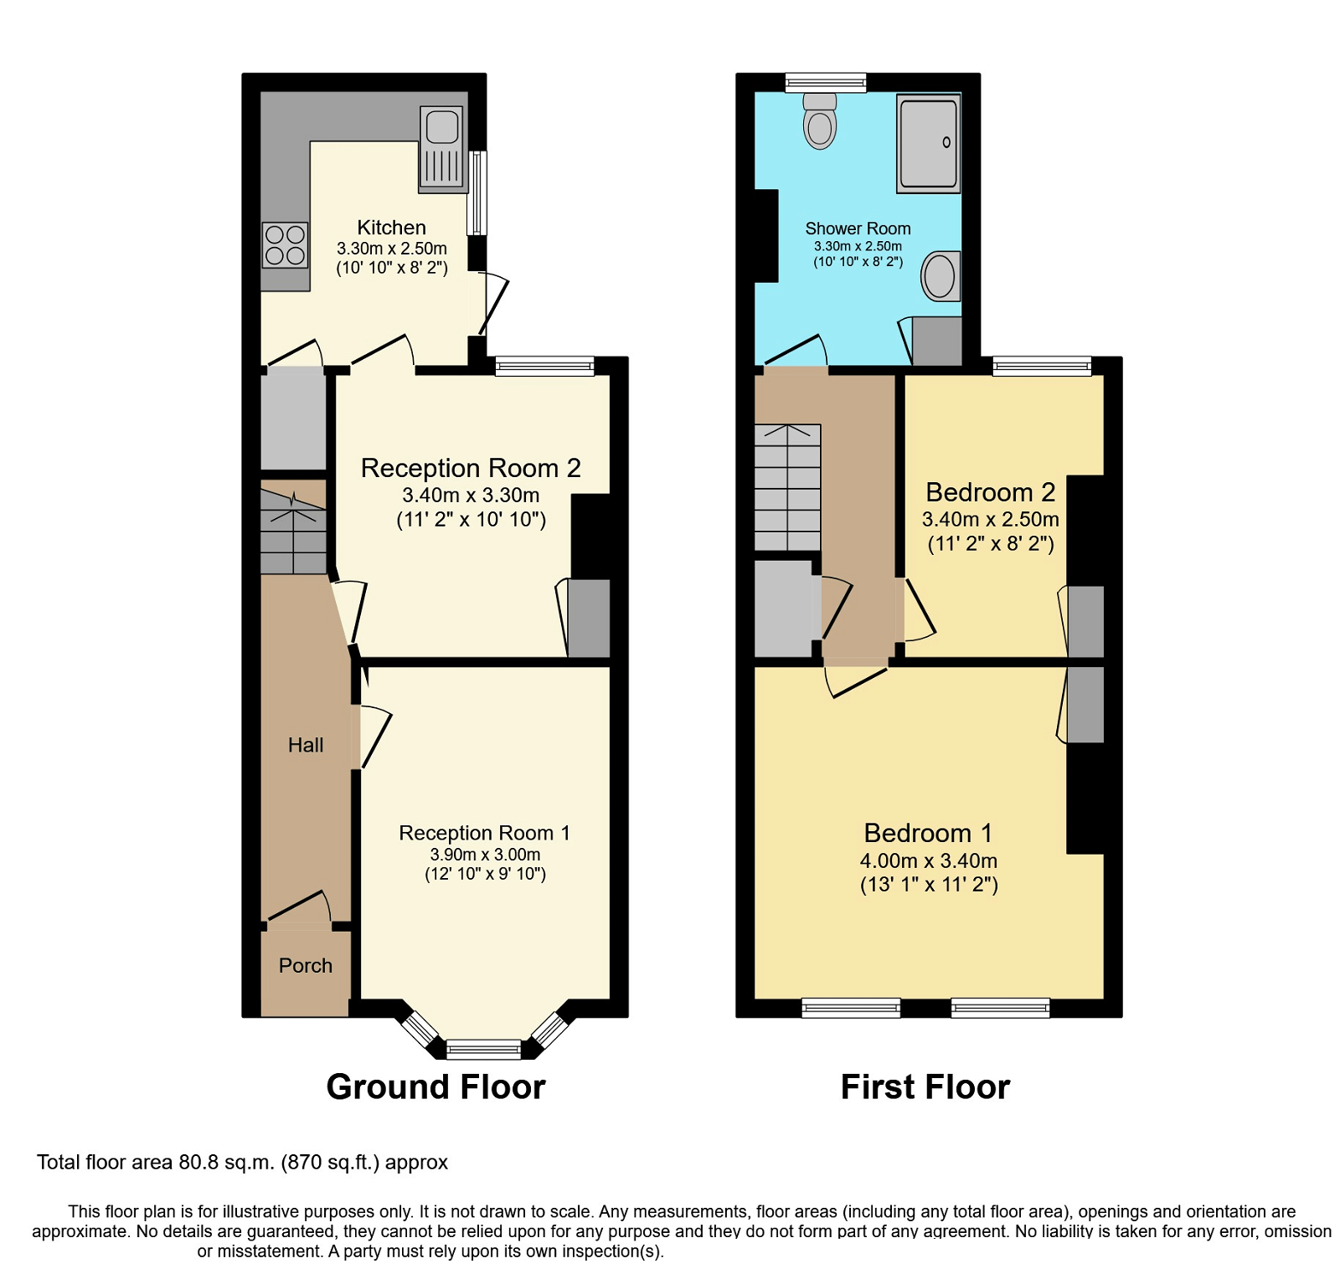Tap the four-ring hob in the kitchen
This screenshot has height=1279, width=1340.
[285, 245]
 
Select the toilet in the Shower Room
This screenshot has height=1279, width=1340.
[820, 123]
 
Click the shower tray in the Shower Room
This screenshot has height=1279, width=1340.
[928, 143]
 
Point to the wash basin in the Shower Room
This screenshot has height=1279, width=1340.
[941, 275]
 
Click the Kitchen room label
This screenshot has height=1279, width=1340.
[391, 228]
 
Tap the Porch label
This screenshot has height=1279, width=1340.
[305, 966]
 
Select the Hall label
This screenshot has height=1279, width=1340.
[305, 745]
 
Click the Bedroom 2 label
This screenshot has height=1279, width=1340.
[990, 492]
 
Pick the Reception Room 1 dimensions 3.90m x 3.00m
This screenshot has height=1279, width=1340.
[485, 855]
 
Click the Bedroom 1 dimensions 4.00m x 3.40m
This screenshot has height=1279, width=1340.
[928, 860]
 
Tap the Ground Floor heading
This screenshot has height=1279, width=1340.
[435, 1086]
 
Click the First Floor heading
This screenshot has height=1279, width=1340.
[925, 1086]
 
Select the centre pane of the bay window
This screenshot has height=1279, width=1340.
[483, 1049]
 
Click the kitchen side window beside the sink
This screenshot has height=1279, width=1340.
[477, 193]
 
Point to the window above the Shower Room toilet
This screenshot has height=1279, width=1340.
[826, 82]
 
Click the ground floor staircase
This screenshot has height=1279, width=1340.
[293, 532]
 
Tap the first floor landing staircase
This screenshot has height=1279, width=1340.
[787, 487]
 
